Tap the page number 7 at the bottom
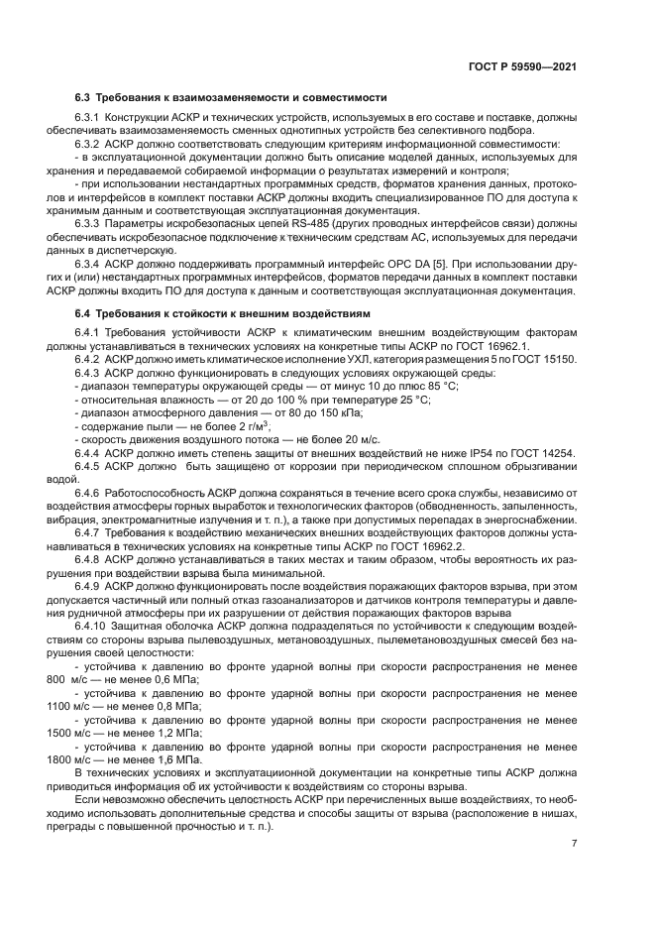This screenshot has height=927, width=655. pyautogui.click(x=574, y=843)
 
